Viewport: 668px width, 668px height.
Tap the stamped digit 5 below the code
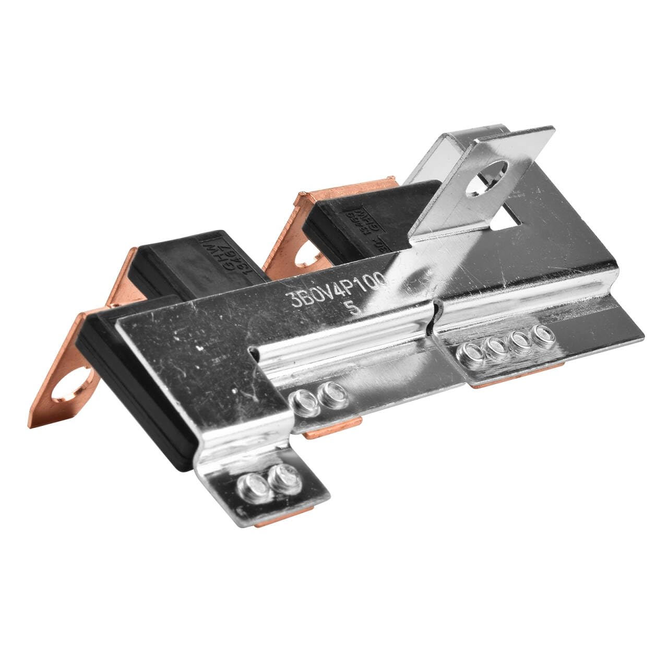(x=356, y=308)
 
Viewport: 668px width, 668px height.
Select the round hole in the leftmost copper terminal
(x=65, y=388)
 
